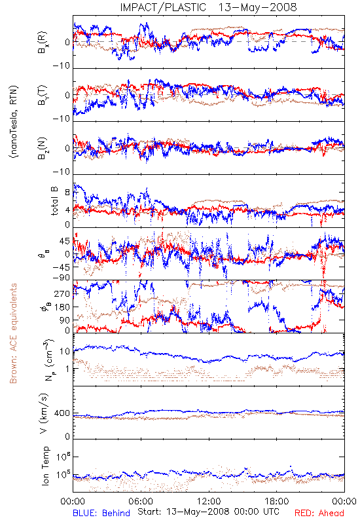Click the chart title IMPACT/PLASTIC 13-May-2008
[x=208, y=7]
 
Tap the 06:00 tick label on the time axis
[x=141, y=501]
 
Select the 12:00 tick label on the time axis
[x=209, y=501]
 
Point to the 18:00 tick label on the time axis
[x=277, y=501]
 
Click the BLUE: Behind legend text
[x=101, y=513]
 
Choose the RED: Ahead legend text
[x=319, y=513]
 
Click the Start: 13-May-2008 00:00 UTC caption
[x=208, y=512]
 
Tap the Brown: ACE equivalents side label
[x=13, y=333]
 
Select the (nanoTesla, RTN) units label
[x=14, y=122]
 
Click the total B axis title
[x=54, y=201]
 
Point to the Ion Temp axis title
[x=45, y=466]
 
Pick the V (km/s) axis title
[x=44, y=413]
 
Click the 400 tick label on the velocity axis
[x=62, y=413]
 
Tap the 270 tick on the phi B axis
[x=62, y=293]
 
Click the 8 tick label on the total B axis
[x=67, y=193]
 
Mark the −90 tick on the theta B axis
[x=62, y=278]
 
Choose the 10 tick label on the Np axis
[x=65, y=351]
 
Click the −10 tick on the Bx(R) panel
[x=62, y=65]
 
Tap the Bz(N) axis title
[x=43, y=148]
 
